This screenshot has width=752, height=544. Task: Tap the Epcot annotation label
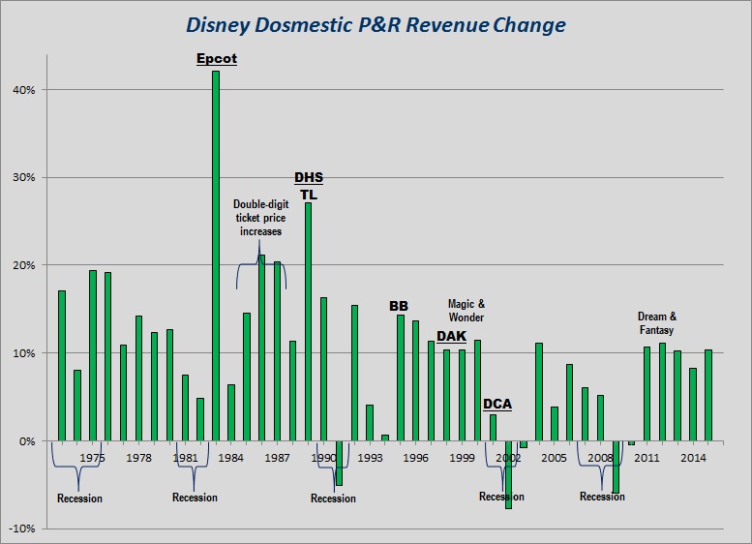pos(216,59)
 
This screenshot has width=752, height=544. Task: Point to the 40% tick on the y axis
pos(23,90)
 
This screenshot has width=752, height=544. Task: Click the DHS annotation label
pos(309,178)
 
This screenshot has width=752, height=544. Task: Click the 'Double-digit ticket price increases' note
pos(258,218)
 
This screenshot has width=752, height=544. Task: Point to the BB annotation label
pos(399,306)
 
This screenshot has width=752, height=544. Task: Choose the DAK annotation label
pos(451,336)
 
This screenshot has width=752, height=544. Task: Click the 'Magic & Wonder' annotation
pos(466,311)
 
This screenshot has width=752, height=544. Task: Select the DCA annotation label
pos(498,404)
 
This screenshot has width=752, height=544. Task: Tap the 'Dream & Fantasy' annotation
pos(657,323)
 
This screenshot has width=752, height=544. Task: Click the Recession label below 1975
pos(79,499)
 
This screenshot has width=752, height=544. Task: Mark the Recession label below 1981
pos(195,498)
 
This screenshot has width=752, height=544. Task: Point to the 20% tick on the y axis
pos(23,265)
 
